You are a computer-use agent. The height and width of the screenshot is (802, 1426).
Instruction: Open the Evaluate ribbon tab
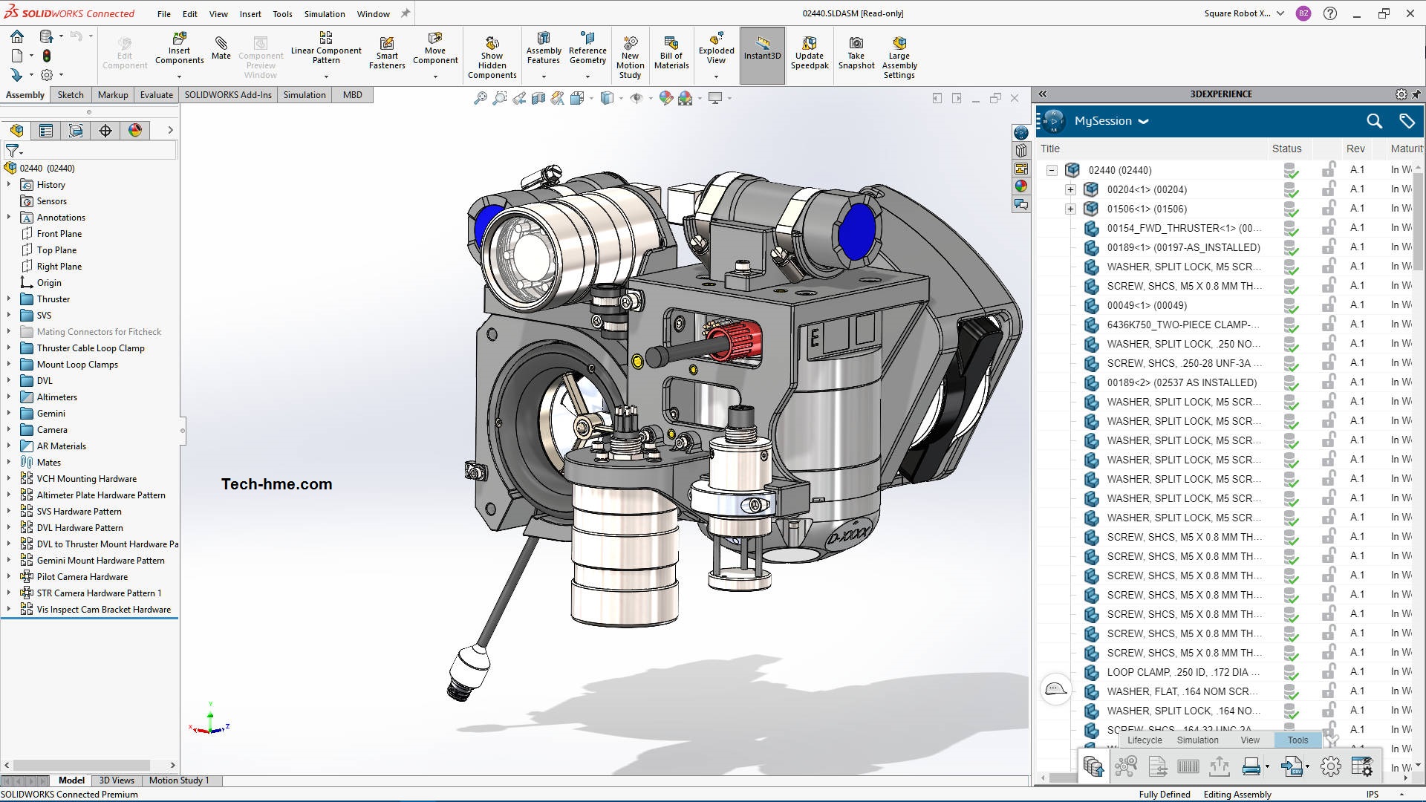156,94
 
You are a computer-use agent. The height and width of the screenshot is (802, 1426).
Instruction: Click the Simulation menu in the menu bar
325,13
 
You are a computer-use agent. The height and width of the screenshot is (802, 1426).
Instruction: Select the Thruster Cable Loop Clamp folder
91,348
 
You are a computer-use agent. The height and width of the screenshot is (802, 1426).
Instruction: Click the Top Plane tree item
56,250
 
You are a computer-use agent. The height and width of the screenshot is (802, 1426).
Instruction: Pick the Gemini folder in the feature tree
51,414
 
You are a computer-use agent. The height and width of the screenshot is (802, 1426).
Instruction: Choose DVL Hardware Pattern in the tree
79,528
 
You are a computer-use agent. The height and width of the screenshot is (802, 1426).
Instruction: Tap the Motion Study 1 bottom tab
179,780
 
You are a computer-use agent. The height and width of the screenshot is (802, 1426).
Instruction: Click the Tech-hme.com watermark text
276,484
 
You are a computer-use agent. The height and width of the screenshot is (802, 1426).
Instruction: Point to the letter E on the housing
814,339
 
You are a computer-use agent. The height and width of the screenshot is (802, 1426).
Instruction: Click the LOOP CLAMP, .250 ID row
1182,672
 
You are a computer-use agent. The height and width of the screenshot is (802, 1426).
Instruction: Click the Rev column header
1355,149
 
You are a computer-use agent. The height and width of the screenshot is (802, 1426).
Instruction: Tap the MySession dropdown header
1110,121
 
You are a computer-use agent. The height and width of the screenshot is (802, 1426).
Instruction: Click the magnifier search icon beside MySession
1374,121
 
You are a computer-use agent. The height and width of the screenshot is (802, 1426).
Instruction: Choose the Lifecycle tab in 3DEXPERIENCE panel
1145,740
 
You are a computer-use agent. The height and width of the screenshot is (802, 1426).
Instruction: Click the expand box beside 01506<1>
1070,209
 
